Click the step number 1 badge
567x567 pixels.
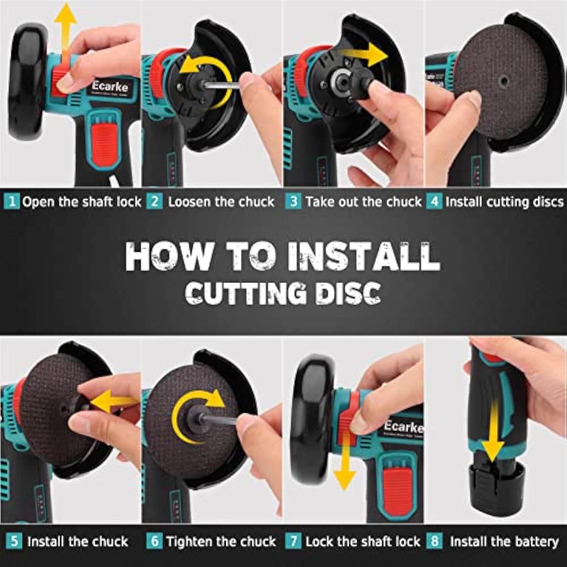coord(12,202)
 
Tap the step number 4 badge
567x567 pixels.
coord(435,202)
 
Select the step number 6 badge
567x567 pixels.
coord(154,542)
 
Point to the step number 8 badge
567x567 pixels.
coord(435,542)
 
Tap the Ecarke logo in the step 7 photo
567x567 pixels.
coord(403,426)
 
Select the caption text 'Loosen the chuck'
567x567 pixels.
coord(221,202)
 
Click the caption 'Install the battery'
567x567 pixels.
coord(504,542)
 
